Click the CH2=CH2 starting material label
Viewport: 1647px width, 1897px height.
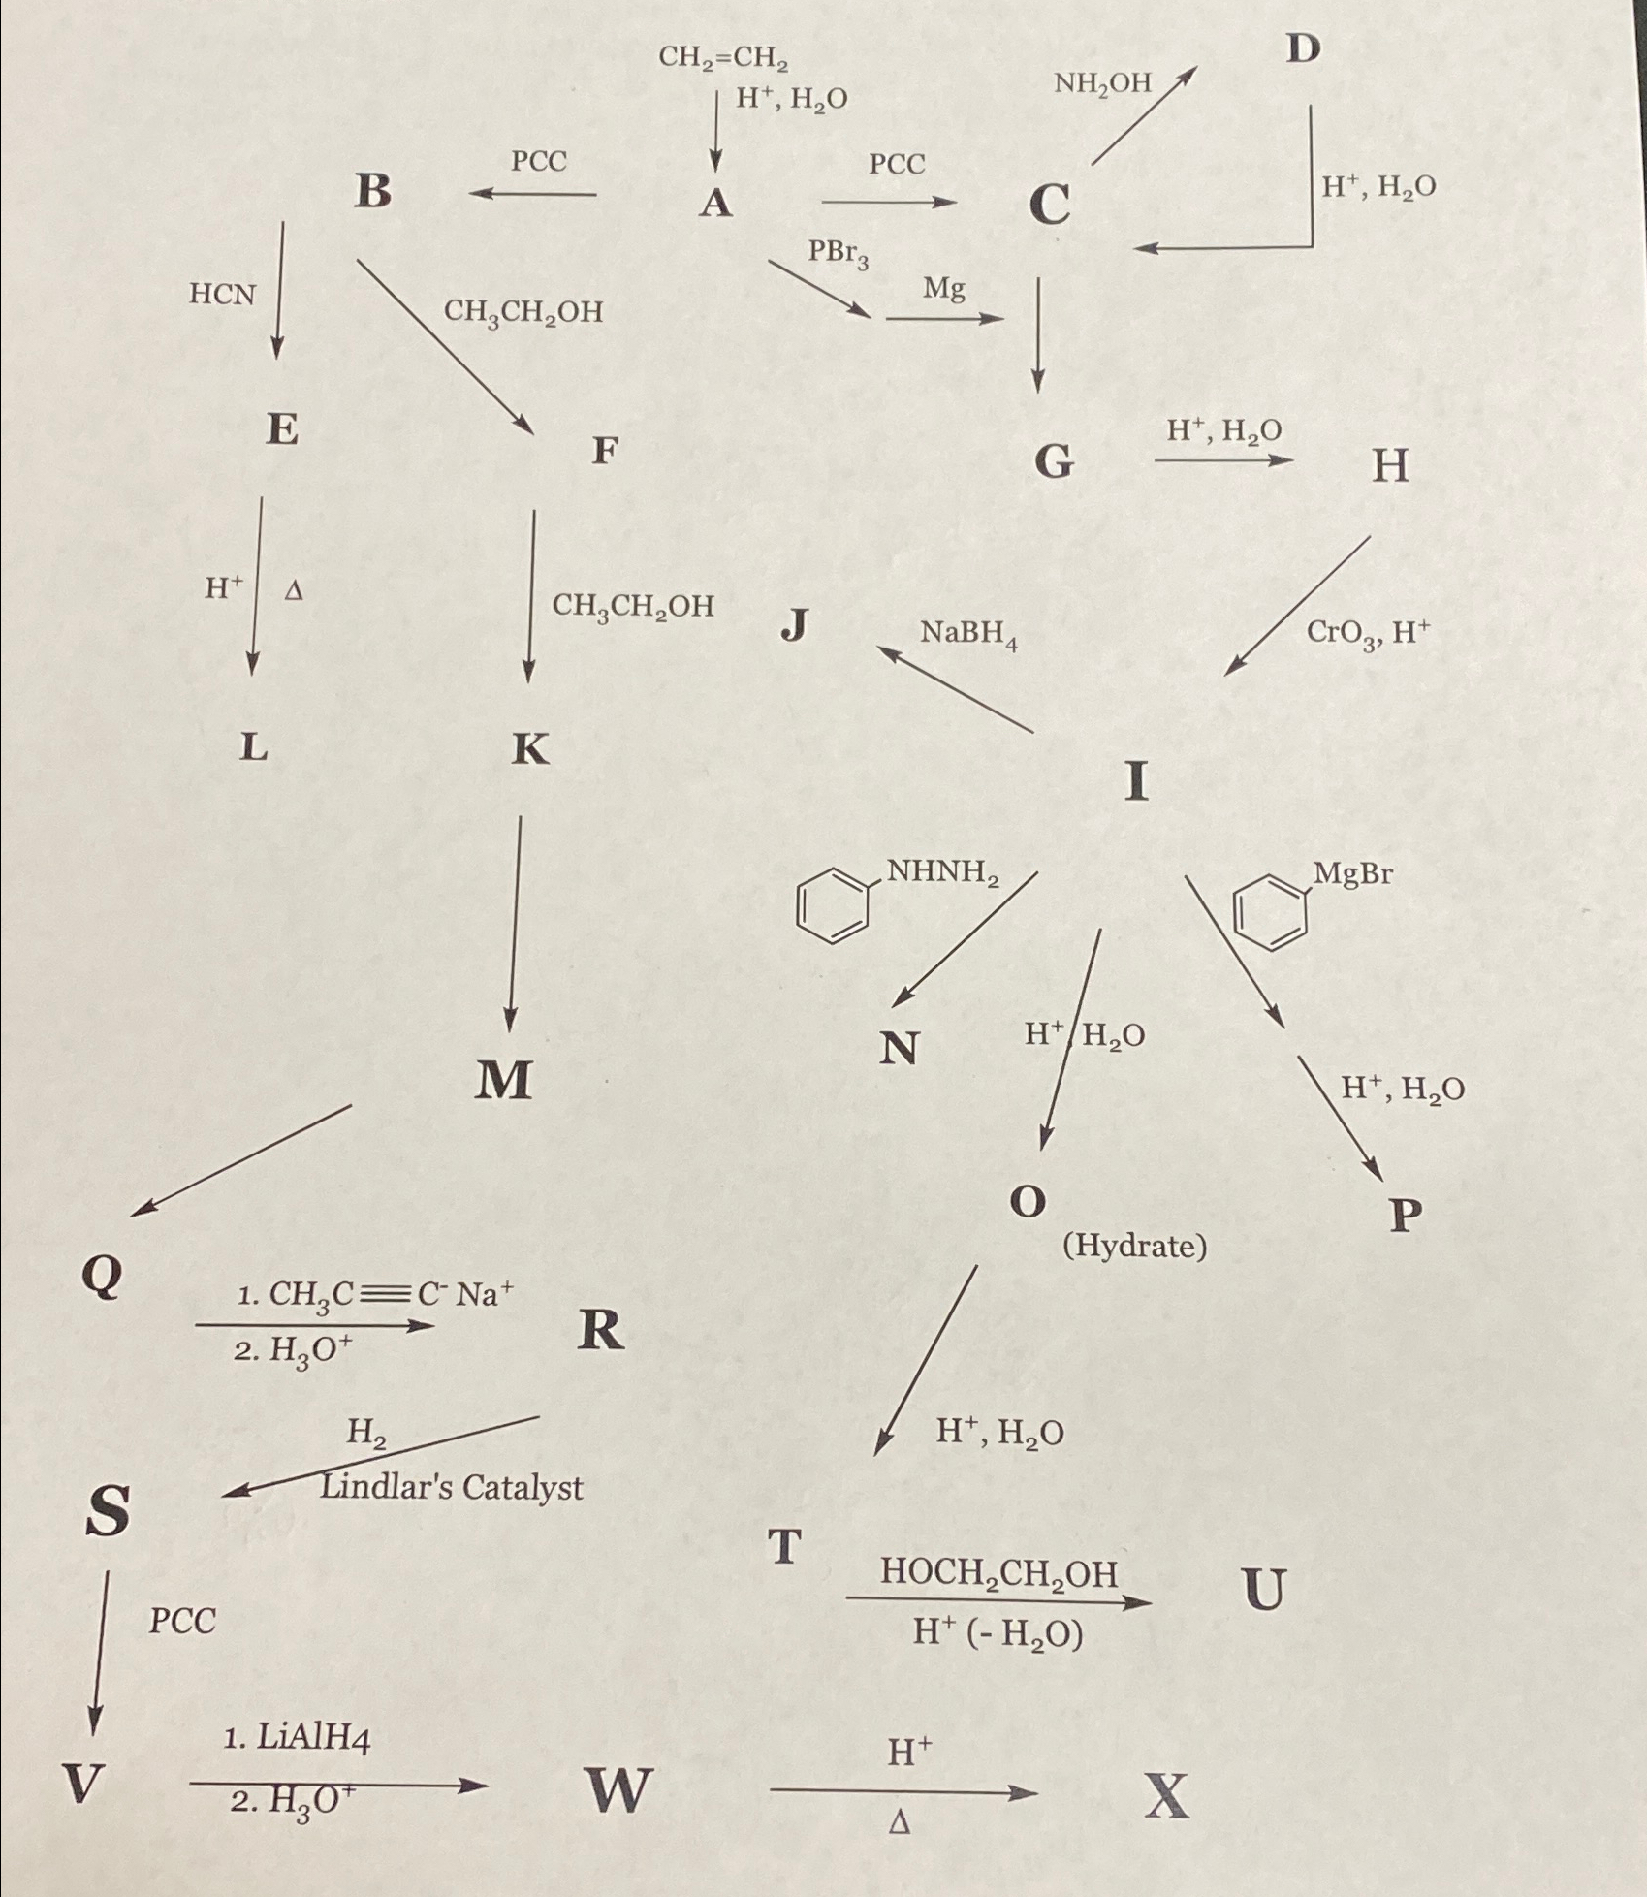[x=723, y=59]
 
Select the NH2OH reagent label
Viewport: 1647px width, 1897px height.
[x=1102, y=83]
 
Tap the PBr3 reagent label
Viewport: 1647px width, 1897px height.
[x=839, y=254]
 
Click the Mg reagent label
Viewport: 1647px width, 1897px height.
[x=943, y=288]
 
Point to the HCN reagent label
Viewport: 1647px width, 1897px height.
[x=222, y=294]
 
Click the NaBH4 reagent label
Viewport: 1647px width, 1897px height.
[x=968, y=634]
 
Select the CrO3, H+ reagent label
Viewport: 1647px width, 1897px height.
[x=1368, y=634]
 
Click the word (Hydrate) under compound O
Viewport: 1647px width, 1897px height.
[x=1134, y=1246]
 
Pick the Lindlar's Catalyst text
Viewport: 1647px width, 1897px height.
[x=452, y=1487]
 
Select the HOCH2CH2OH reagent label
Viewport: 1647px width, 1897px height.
[x=998, y=1572]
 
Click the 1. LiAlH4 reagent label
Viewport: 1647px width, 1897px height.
[x=297, y=1738]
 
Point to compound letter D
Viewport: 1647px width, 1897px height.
[x=1303, y=47]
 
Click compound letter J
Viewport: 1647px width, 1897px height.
[x=795, y=625]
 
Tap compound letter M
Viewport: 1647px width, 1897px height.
[x=503, y=1079]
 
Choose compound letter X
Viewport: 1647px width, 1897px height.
[x=1166, y=1795]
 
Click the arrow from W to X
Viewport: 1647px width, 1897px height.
[x=903, y=1793]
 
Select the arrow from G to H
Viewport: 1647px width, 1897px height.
[x=1222, y=461]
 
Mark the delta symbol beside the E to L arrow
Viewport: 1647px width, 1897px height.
[x=294, y=589]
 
